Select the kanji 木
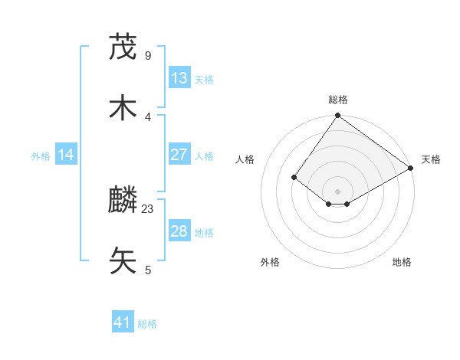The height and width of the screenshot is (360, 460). [x=123, y=108]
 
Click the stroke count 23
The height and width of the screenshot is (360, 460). [x=148, y=208]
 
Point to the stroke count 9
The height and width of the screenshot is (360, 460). [x=148, y=55]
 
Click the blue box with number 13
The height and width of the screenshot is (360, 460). [x=179, y=78]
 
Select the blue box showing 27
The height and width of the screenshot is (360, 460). [x=179, y=155]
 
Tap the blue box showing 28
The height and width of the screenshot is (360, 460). [x=179, y=231]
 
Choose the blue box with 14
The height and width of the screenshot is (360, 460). [x=66, y=155]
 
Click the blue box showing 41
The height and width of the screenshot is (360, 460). [x=123, y=322]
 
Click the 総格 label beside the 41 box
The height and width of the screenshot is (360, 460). [x=147, y=324]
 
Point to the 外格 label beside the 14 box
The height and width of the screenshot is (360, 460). [x=41, y=156]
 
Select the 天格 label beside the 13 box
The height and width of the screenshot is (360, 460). [x=204, y=80]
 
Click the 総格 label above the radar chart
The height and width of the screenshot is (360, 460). [x=338, y=100]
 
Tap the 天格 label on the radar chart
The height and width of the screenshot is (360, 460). [x=431, y=159]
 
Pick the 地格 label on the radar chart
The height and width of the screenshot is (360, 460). [x=402, y=262]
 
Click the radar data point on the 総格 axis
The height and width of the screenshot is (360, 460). [x=338, y=116]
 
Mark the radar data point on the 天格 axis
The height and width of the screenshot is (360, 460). [x=410, y=169]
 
